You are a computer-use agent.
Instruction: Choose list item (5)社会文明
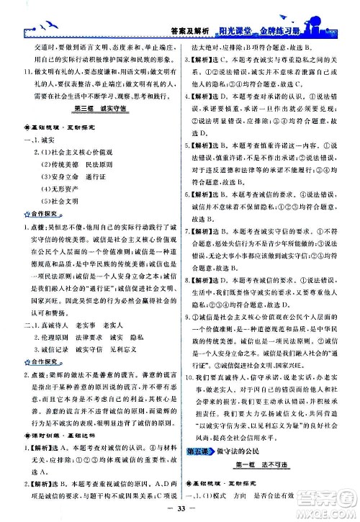coord(63,201)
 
